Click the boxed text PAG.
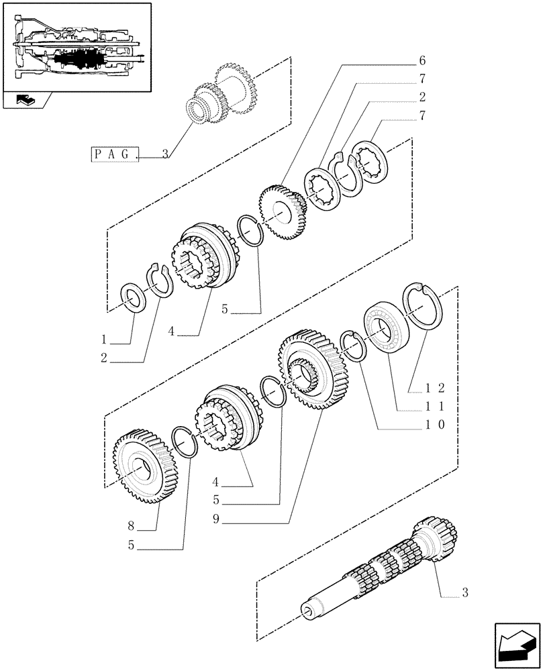tap(115, 155)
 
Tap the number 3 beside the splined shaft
tap(465, 592)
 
